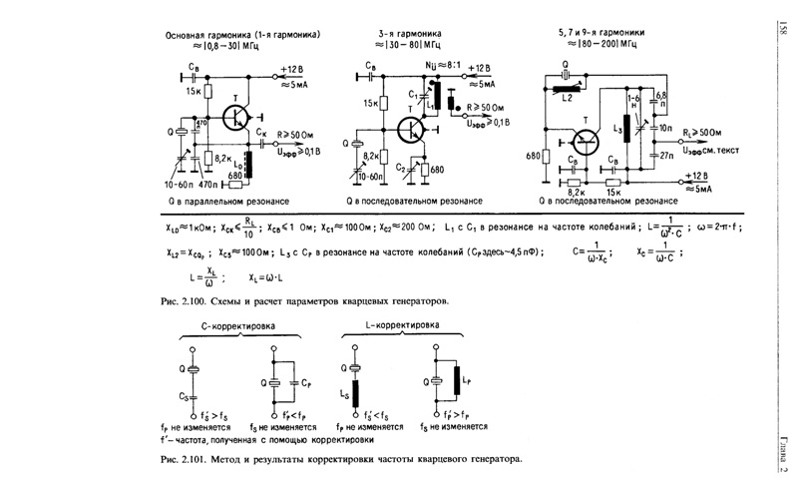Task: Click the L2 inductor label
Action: click(568, 99)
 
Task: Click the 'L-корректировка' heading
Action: click(402, 325)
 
